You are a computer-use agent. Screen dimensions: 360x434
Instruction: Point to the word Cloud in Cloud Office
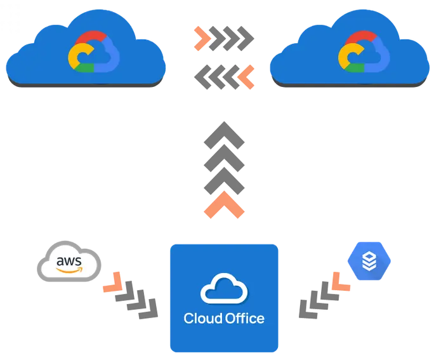[x=202, y=318]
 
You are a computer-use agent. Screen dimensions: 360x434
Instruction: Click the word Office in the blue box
[x=244, y=318]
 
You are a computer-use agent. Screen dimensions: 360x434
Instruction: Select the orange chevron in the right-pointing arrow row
[x=202, y=38]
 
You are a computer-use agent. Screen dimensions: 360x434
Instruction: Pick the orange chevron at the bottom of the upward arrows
[x=224, y=207]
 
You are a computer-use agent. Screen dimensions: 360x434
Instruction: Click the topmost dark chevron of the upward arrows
[x=224, y=132]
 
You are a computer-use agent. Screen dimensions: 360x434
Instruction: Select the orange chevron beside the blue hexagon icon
[x=336, y=280]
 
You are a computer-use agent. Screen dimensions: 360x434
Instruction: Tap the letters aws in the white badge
[x=69, y=260]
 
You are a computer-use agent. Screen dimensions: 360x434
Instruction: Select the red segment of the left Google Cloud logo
[x=91, y=37]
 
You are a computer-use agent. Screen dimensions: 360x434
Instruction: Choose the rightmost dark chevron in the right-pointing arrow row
[x=246, y=38]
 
